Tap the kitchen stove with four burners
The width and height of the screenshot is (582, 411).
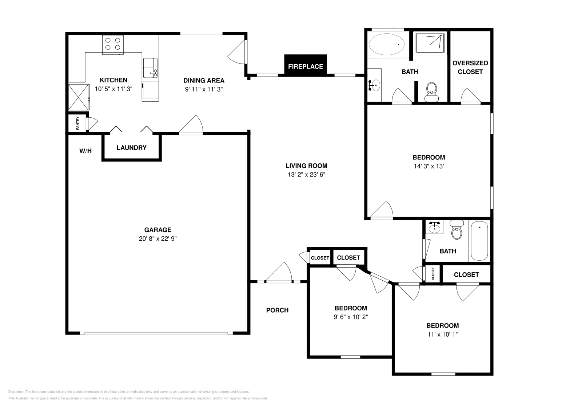tap(113, 45)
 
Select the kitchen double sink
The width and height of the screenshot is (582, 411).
tap(150, 68)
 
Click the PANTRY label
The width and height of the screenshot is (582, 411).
tap(77, 123)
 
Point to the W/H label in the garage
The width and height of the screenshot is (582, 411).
tap(85, 151)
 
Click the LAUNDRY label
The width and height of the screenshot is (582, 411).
tap(131, 147)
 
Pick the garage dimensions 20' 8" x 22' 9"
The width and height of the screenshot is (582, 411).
tap(158, 239)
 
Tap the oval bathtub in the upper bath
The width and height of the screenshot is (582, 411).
tap(387, 44)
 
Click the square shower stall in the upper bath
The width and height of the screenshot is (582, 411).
tap(430, 43)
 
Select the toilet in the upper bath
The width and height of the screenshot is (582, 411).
tap(431, 91)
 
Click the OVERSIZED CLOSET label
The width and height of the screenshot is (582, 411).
tap(470, 68)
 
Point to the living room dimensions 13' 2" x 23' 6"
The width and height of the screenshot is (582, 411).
tap(307, 175)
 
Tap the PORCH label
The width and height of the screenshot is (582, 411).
tap(277, 310)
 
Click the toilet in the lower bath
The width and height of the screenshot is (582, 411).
tap(457, 229)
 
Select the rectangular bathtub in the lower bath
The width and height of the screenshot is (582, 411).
tap(479, 241)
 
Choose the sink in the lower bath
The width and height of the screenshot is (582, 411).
tap(434, 227)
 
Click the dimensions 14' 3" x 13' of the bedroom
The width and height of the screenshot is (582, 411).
tap(429, 166)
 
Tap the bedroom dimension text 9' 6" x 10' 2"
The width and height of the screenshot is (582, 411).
tap(351, 317)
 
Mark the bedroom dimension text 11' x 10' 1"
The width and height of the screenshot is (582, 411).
tap(443, 334)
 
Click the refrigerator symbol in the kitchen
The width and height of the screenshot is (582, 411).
tap(79, 97)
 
